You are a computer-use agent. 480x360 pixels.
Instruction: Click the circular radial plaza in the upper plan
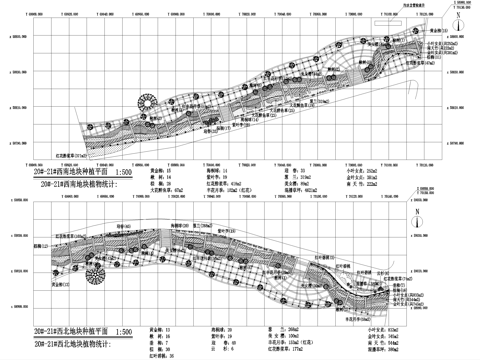148,105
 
